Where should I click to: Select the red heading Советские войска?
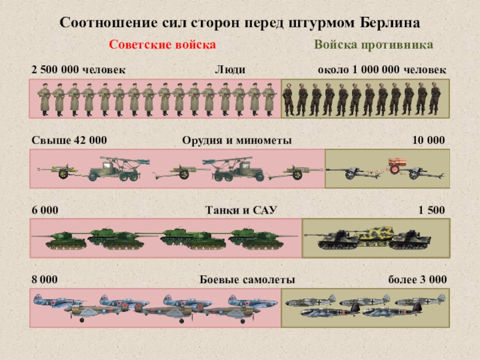tap(162, 46)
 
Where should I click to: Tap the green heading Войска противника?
tap(373, 46)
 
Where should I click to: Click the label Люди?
tap(230, 70)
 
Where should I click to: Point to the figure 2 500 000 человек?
tap(79, 70)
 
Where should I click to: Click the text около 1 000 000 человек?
tap(382, 70)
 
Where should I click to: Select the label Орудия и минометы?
tap(237, 140)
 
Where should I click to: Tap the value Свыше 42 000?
tap(69, 140)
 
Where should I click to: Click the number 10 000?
tap(428, 140)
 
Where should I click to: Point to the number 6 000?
tap(45, 211)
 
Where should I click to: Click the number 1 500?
tap(431, 211)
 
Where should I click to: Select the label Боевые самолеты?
tap(247, 280)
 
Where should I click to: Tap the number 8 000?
tap(45, 280)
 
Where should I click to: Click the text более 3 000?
tap(417, 280)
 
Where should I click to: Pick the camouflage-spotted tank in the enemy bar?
tap(375, 232)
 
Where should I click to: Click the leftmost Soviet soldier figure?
tap(44, 99)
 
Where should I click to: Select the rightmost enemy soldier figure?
tap(436, 99)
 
